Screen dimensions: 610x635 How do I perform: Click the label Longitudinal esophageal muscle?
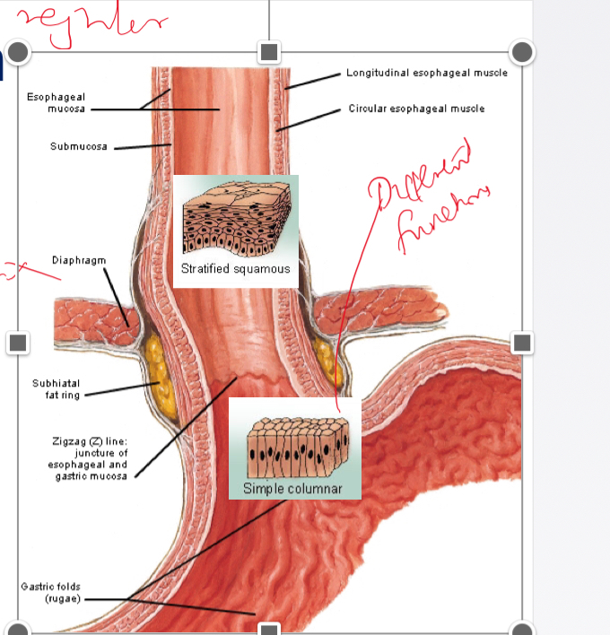pyautogui.click(x=426, y=73)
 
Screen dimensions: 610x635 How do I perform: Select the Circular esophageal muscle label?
pyautogui.click(x=416, y=109)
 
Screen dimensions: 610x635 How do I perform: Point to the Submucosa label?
pyautogui.click(x=79, y=146)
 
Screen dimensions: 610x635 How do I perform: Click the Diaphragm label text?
pyautogui.click(x=79, y=260)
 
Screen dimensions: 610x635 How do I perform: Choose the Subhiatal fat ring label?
pyautogui.click(x=56, y=388)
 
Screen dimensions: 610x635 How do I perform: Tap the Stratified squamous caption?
pyautogui.click(x=235, y=269)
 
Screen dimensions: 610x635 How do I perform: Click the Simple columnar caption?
pyautogui.click(x=292, y=488)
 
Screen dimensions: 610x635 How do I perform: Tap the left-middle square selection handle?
pyautogui.click(x=18, y=343)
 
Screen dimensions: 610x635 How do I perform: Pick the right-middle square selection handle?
pyautogui.click(x=522, y=343)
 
